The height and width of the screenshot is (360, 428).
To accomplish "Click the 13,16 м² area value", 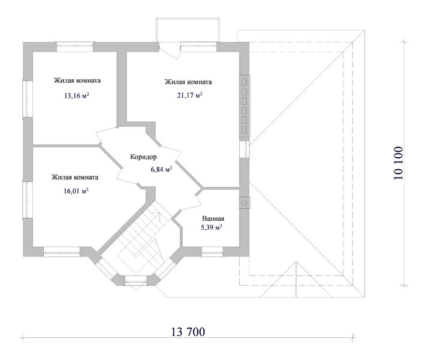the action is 77,95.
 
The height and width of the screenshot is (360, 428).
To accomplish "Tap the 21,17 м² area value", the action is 189,95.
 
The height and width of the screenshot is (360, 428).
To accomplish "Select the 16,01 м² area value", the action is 76,191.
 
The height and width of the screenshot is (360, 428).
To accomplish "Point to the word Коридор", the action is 143,157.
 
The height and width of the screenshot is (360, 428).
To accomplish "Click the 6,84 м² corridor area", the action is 161,169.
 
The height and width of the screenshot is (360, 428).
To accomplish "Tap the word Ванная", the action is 213,218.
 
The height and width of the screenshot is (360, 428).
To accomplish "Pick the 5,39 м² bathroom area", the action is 212,227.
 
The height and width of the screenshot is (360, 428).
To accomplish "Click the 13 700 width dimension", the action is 188,332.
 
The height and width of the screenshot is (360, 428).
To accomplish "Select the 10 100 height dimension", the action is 399,163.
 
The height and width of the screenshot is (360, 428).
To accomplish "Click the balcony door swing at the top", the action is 169,51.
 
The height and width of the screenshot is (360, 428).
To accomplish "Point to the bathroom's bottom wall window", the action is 212,251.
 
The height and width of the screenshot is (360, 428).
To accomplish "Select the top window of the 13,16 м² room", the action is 75,47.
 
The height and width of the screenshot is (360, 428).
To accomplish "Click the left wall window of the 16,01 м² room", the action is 28,200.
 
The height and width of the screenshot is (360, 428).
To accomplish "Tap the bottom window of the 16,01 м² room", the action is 61,251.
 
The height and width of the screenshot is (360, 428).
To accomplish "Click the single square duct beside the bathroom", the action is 245,202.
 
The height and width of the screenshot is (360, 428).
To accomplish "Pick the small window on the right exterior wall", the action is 245,149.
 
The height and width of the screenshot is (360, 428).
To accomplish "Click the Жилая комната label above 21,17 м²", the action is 188,82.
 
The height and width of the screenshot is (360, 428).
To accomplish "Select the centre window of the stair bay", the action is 135,281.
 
